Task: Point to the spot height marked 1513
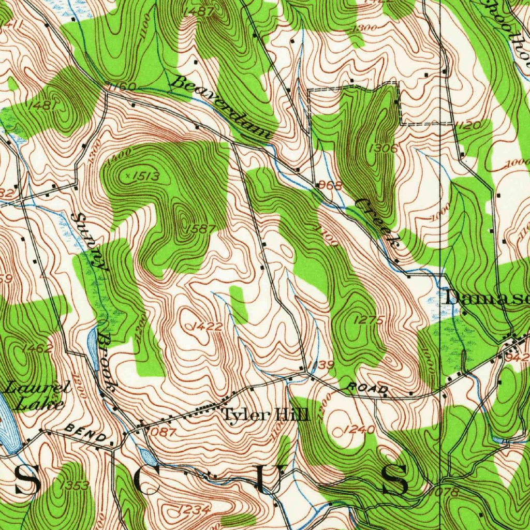144,176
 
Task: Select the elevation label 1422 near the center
207,327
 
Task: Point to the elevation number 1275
369,320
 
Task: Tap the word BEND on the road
85,434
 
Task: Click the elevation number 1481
43,105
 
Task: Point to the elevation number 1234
194,510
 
